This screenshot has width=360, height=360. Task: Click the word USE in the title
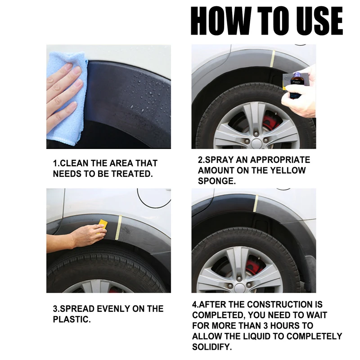click(x=315, y=21)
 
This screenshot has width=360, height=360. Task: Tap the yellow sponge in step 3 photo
click(x=103, y=224)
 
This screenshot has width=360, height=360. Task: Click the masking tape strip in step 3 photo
click(x=119, y=223)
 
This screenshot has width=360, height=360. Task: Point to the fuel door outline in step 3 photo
click(x=153, y=198)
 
